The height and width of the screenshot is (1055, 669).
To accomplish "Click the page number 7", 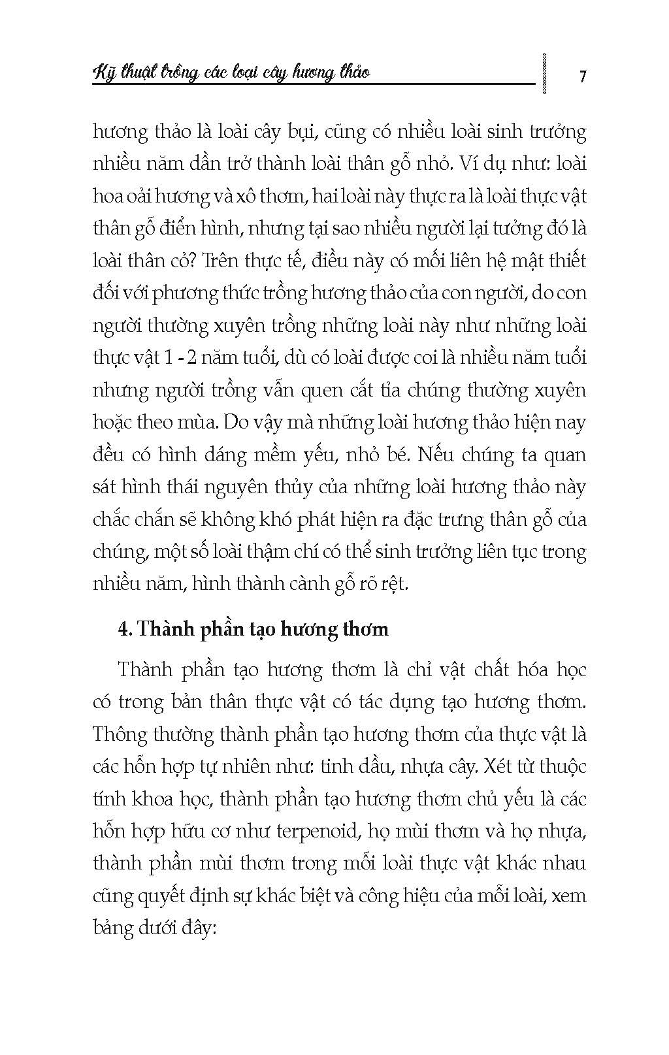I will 582,76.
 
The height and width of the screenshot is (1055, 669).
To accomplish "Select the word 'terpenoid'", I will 315,830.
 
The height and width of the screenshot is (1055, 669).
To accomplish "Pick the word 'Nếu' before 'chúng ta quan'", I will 434,454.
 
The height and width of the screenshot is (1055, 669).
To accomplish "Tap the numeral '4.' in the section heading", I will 125,628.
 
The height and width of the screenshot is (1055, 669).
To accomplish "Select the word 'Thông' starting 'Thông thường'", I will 120,734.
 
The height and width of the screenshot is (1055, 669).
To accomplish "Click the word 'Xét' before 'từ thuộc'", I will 498,766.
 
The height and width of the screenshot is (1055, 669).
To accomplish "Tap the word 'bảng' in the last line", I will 113,928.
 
